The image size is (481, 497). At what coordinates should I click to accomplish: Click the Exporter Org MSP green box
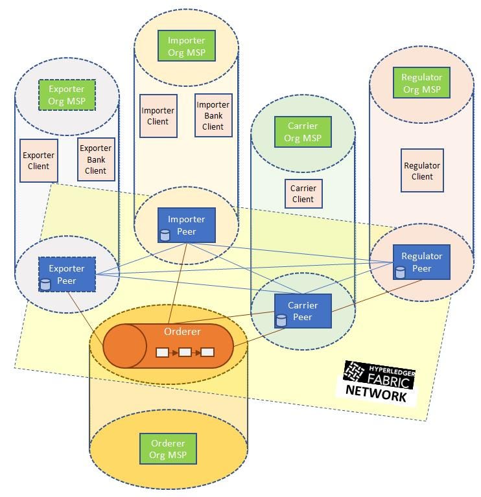tap(67, 95)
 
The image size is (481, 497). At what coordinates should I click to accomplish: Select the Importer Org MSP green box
tap(186, 46)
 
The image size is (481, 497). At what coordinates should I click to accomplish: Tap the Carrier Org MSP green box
tap(303, 132)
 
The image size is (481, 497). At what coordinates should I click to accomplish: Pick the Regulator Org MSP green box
tap(421, 84)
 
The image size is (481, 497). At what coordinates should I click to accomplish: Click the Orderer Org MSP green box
tap(168, 449)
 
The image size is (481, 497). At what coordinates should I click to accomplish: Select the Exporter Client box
tap(39, 161)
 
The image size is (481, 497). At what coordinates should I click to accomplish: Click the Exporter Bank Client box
tap(96, 159)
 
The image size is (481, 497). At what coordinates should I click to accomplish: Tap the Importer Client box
tap(158, 116)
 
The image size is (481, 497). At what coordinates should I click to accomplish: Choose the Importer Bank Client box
tap(213, 115)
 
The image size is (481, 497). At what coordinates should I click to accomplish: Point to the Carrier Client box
tap(303, 194)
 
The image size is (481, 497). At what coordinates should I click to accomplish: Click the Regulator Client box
tap(422, 170)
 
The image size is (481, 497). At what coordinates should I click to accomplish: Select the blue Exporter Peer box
tap(67, 274)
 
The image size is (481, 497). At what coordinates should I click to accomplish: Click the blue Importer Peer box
tap(186, 225)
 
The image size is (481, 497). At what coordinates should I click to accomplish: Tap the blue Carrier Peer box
tap(303, 311)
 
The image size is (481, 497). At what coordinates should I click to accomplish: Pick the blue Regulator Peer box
tap(421, 262)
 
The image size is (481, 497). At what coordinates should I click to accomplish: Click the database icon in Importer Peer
tap(165, 235)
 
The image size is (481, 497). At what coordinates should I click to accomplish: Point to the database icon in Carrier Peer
tap(281, 320)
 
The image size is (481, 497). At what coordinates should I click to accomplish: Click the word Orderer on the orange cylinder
tap(182, 332)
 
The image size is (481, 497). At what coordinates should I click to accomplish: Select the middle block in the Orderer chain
tap(185, 353)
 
